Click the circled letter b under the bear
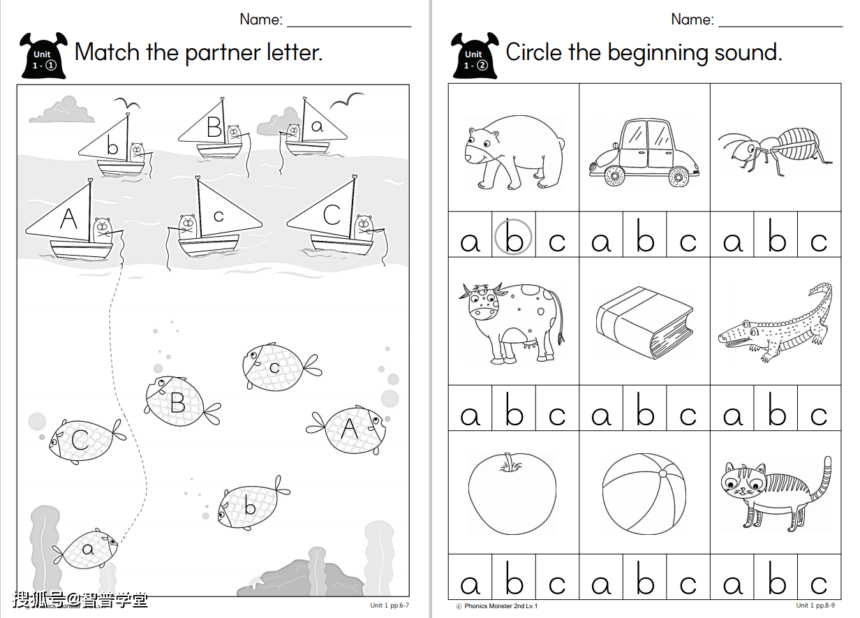(x=513, y=237)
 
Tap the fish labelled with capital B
(x=182, y=402)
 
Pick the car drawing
(x=644, y=153)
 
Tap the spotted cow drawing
(x=512, y=323)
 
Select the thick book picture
(x=644, y=323)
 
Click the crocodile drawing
(x=776, y=323)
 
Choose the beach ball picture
(x=644, y=494)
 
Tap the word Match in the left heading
(x=107, y=52)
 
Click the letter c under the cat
(x=819, y=584)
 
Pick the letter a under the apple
(x=470, y=584)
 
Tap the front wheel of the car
(x=615, y=177)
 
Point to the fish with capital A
(x=347, y=429)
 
